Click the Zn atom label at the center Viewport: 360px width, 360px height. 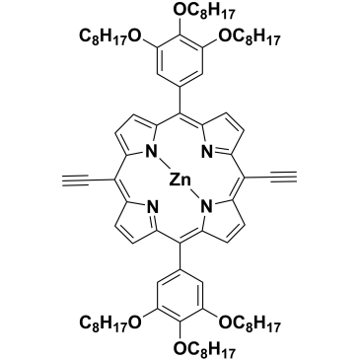pyautogui.click(x=180, y=180)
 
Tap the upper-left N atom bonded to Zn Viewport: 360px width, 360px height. pyautogui.click(x=152, y=152)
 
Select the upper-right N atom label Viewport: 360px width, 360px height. pyautogui.click(x=207, y=152)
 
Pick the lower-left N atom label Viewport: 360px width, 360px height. pyautogui.click(x=152, y=207)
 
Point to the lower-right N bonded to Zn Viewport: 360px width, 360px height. pyautogui.click(x=207, y=207)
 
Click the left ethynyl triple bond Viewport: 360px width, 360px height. pyautogui.click(x=75, y=180)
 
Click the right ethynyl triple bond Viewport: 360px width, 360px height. pyautogui.click(x=284, y=180)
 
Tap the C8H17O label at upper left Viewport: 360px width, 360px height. pyautogui.click(x=110, y=36)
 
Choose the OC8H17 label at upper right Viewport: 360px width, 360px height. pyautogui.click(x=249, y=36)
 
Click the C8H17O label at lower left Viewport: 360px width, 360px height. pyautogui.click(x=110, y=324)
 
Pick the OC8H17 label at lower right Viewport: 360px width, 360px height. pyautogui.click(x=249, y=324)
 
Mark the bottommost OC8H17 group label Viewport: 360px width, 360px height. pyautogui.click(x=204, y=349)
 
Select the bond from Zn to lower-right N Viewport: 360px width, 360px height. pyautogui.click(x=195, y=195)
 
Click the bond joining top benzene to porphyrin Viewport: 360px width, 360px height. pyautogui.click(x=180, y=100)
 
